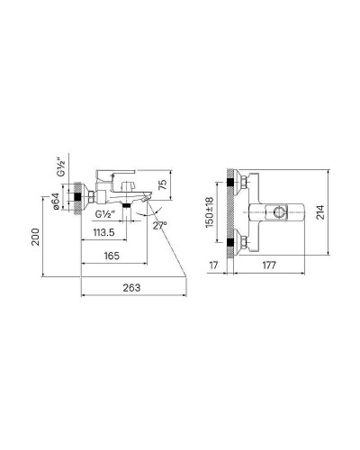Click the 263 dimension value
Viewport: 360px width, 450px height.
click(x=131, y=288)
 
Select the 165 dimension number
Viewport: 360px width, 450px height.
click(x=112, y=256)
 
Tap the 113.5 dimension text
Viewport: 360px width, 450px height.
click(x=103, y=232)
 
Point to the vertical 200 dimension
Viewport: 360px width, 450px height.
click(x=36, y=237)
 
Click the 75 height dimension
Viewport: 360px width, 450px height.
click(x=163, y=184)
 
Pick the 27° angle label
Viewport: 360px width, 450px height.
click(x=159, y=225)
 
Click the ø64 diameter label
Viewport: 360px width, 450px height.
click(x=56, y=201)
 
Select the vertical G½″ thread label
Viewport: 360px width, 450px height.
click(x=61, y=168)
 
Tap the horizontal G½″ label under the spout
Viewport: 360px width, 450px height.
click(x=105, y=214)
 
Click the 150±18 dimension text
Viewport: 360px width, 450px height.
click(x=210, y=212)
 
